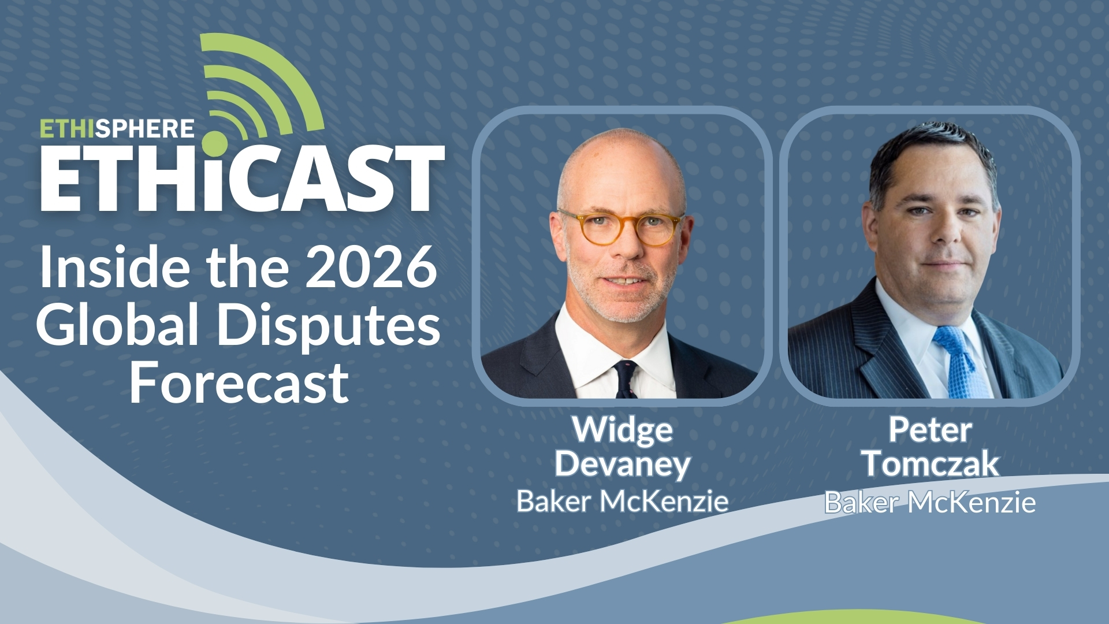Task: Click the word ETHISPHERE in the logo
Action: (117, 128)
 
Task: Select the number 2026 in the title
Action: (371, 267)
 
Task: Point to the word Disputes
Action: (328, 326)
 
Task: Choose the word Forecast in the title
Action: (239, 382)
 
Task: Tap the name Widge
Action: (622, 430)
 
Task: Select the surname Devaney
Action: (622, 464)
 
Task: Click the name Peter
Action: (930, 430)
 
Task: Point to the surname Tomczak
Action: (930, 464)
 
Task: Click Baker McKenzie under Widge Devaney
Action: (622, 501)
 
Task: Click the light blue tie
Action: (960, 364)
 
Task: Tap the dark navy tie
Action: (626, 378)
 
